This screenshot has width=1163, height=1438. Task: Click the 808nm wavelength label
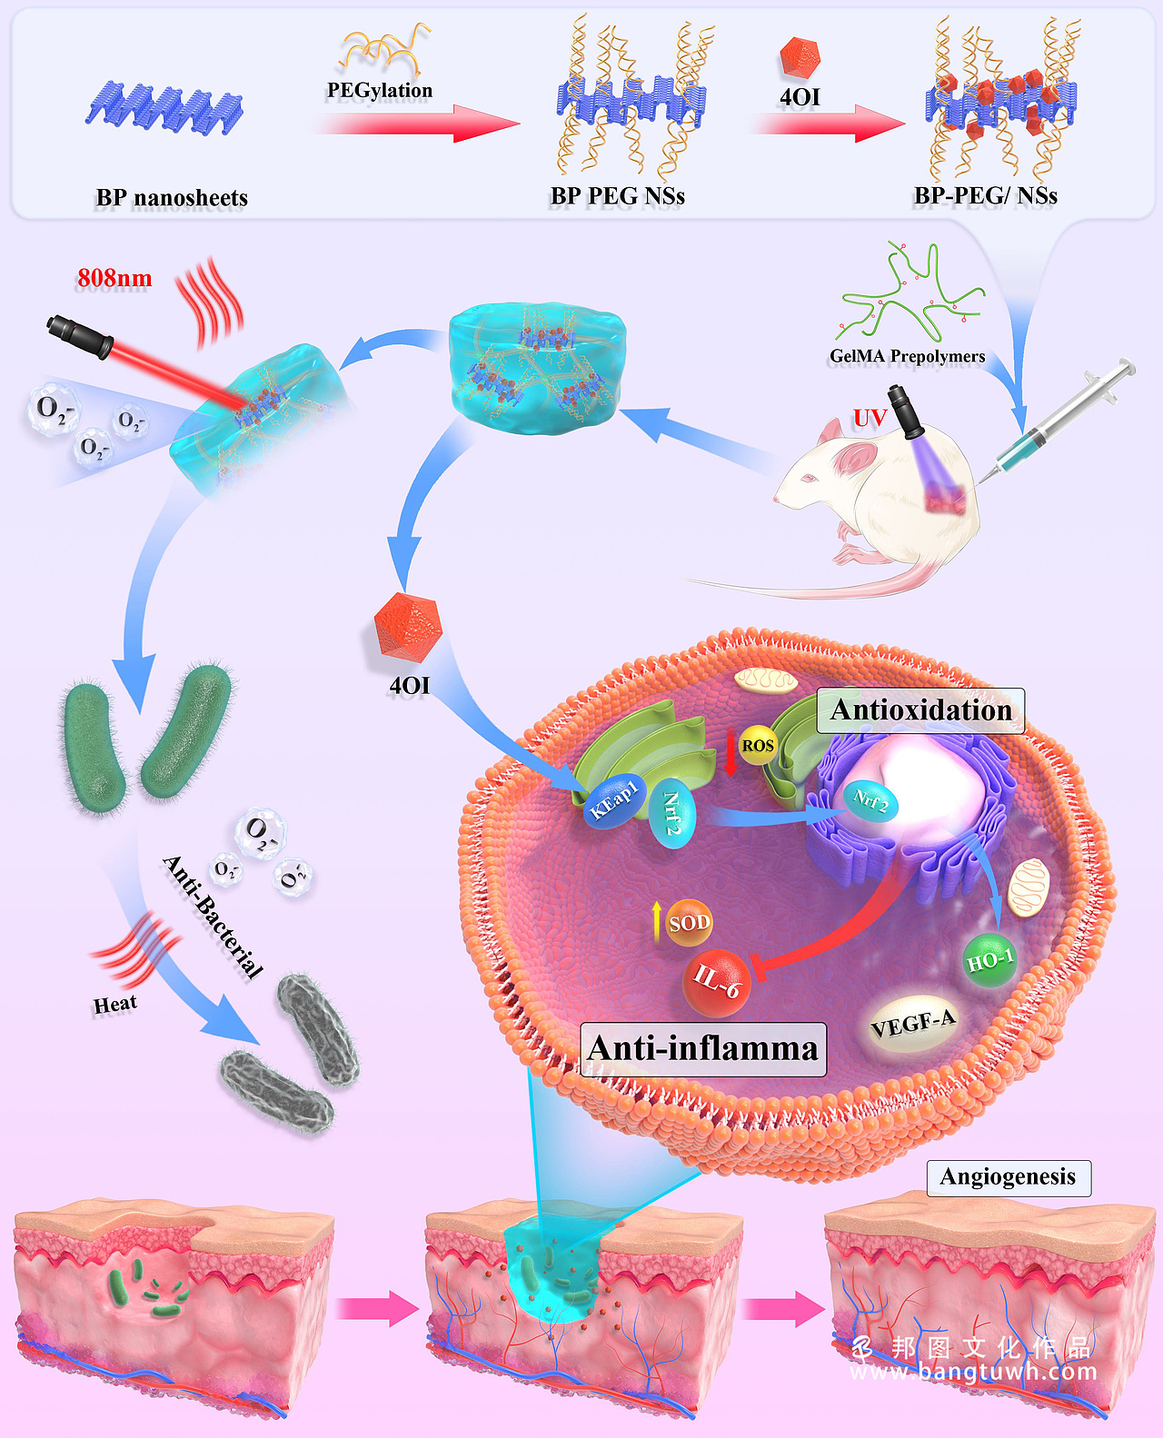coord(114,278)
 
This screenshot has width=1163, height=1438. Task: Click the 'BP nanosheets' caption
coord(172,198)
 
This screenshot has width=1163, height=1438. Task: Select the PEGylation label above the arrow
coord(380,90)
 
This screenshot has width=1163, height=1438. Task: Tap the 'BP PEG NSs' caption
coord(618,196)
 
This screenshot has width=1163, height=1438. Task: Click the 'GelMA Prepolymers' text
coord(907,356)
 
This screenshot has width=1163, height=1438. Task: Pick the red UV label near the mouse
coord(870,418)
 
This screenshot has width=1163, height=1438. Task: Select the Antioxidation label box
coord(921,710)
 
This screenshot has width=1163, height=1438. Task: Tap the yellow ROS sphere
coord(758,746)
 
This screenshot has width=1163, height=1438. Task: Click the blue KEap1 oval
coord(615,800)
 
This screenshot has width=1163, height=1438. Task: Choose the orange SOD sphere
coord(689,923)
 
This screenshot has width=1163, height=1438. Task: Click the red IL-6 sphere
coord(717,981)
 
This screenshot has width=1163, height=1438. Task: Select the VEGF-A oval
coord(913,1024)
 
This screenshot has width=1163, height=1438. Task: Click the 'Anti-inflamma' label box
coord(703,1049)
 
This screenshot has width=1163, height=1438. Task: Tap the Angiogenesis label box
coord(1009,1177)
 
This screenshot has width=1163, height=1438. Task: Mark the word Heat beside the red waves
coord(115,1004)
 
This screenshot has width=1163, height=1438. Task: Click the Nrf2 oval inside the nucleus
coord(871,800)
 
